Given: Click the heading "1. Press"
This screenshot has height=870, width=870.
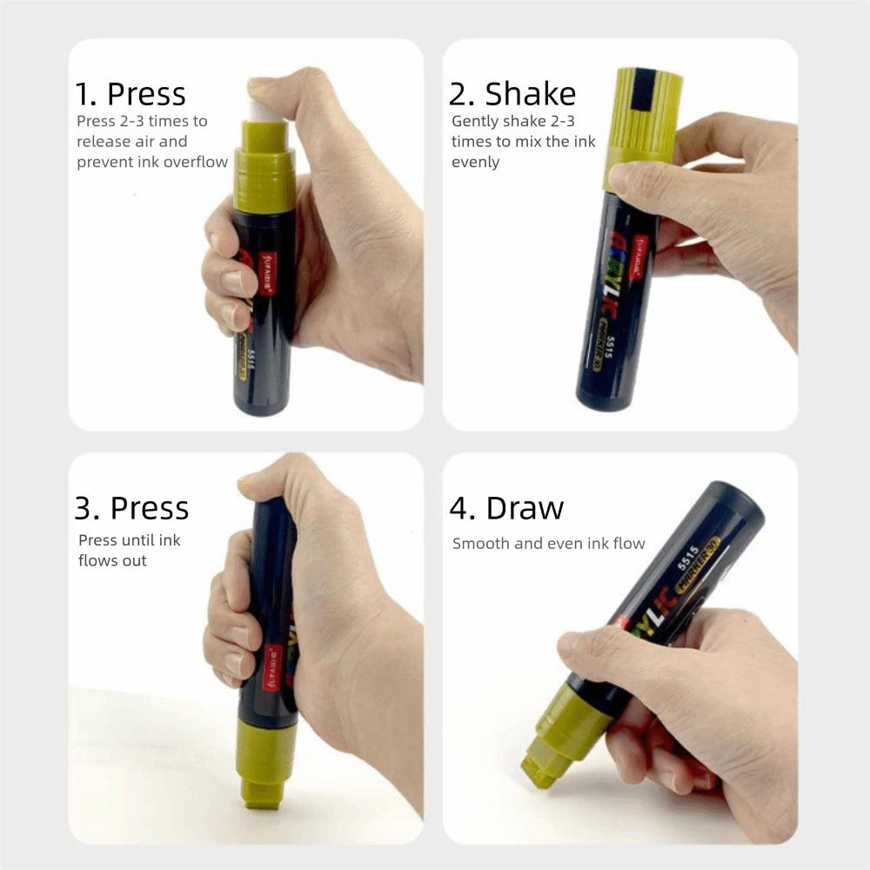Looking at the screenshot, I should tap(130, 94).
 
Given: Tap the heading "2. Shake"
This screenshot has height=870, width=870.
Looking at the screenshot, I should tap(512, 94).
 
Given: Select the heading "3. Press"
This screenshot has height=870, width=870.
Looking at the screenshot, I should tap(131, 507).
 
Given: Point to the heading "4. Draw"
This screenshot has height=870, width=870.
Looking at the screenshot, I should tap(506, 508).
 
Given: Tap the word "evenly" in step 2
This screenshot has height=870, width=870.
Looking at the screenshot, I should tap(476, 163).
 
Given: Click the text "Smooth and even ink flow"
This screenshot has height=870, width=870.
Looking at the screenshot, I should tap(548, 544).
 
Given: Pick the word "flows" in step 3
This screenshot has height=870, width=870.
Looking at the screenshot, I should tap(97, 561).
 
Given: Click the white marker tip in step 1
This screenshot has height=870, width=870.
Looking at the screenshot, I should tap(262, 110).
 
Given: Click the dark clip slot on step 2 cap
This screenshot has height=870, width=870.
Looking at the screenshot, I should tap(643, 90).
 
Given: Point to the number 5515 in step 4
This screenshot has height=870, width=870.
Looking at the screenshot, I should tap(688, 556).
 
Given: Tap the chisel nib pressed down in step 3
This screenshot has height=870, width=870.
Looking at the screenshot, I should tap(263, 793).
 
